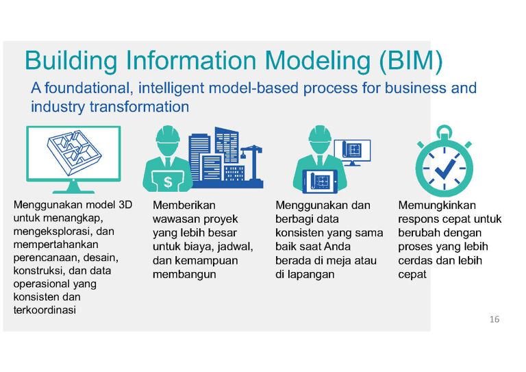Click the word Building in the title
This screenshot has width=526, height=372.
pos(71,62)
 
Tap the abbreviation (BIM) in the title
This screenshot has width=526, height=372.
pos(411,62)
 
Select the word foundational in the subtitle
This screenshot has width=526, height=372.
pos(87,88)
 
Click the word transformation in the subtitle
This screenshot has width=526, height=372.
pos(139,107)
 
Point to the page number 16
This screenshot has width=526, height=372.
pos(494,319)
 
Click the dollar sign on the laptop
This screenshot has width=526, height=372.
pos(168,182)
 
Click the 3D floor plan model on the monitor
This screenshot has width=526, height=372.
pos(74,153)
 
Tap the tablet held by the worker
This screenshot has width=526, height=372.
pos(320,182)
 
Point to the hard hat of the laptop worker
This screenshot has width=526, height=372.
pos(168,135)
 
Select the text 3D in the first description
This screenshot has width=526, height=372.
pos(125,205)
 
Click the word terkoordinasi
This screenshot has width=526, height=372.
pos(45,310)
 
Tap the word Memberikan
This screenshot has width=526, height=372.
pos(184,205)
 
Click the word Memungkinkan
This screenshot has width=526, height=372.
pos(437,205)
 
